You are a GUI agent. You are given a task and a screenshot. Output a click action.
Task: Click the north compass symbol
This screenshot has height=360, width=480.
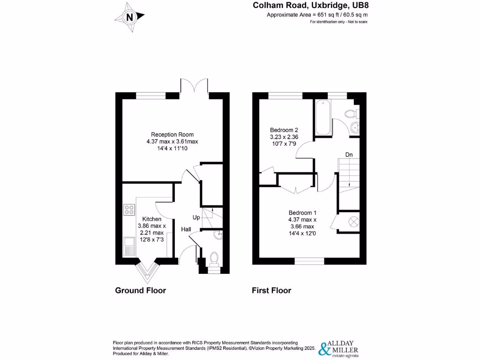pyautogui.click(x=130, y=17)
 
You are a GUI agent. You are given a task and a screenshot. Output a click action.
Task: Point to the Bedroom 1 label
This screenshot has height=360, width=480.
pyautogui.click(x=302, y=219)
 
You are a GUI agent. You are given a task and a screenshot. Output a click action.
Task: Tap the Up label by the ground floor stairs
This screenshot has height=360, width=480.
pyautogui.click(x=197, y=217)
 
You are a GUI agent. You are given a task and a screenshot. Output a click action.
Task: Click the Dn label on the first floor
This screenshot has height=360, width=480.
pyautogui.click(x=349, y=154)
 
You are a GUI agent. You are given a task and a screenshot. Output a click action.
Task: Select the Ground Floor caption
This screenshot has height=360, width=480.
pyautogui.click(x=140, y=291)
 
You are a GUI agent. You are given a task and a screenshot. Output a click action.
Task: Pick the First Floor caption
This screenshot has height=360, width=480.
pyautogui.click(x=271, y=291)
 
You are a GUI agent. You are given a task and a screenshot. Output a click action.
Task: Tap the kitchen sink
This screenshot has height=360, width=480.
pyautogui.click(x=129, y=245)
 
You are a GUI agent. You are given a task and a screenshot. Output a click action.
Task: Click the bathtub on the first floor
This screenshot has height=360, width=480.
pyautogui.click(x=323, y=117)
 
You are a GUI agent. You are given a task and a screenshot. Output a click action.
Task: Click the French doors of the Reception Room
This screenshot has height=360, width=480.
pyautogui.click(x=194, y=87)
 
